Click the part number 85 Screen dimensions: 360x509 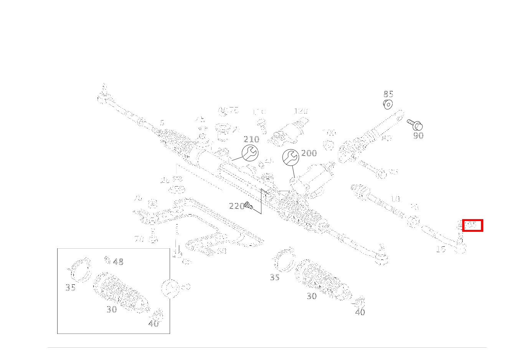[x=388, y=94]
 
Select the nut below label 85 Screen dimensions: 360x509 [x=388, y=104]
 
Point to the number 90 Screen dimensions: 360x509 [x=418, y=135]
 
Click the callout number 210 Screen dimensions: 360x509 [x=251, y=139]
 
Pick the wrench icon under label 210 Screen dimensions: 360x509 [x=250, y=153]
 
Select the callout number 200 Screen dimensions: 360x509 [x=309, y=153]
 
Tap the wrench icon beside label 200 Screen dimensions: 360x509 [x=291, y=157]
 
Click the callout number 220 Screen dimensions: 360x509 [x=236, y=206]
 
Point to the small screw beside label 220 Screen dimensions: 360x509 [x=248, y=206]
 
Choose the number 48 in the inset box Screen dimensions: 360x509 [x=118, y=262]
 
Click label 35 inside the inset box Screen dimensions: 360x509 [x=71, y=288]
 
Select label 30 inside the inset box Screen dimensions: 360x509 [x=112, y=309]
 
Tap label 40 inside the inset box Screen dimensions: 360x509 [x=154, y=324]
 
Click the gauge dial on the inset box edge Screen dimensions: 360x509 [x=170, y=288]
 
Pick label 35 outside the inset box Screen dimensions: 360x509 [x=275, y=277]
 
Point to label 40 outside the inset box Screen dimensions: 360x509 [x=360, y=312]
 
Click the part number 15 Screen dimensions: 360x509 [x=441, y=249]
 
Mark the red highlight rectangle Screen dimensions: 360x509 [x=473, y=226]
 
